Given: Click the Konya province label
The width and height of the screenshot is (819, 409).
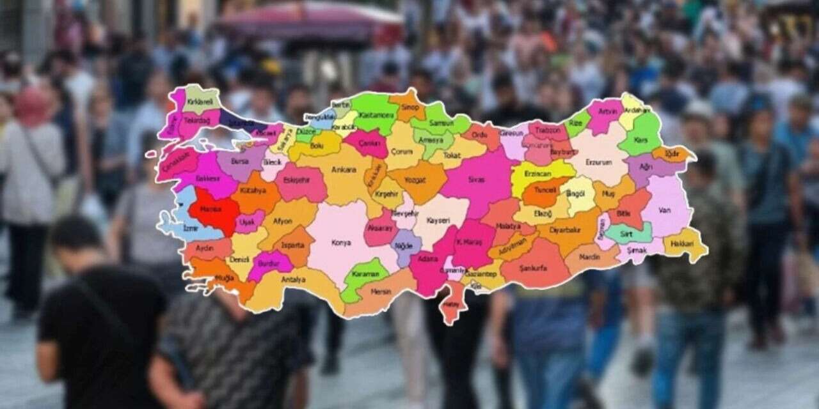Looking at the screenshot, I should [x=341, y=243].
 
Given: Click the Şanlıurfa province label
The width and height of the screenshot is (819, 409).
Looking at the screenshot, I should [x=534, y=268].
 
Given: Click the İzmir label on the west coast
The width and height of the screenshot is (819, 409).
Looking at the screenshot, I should [x=173, y=228].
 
